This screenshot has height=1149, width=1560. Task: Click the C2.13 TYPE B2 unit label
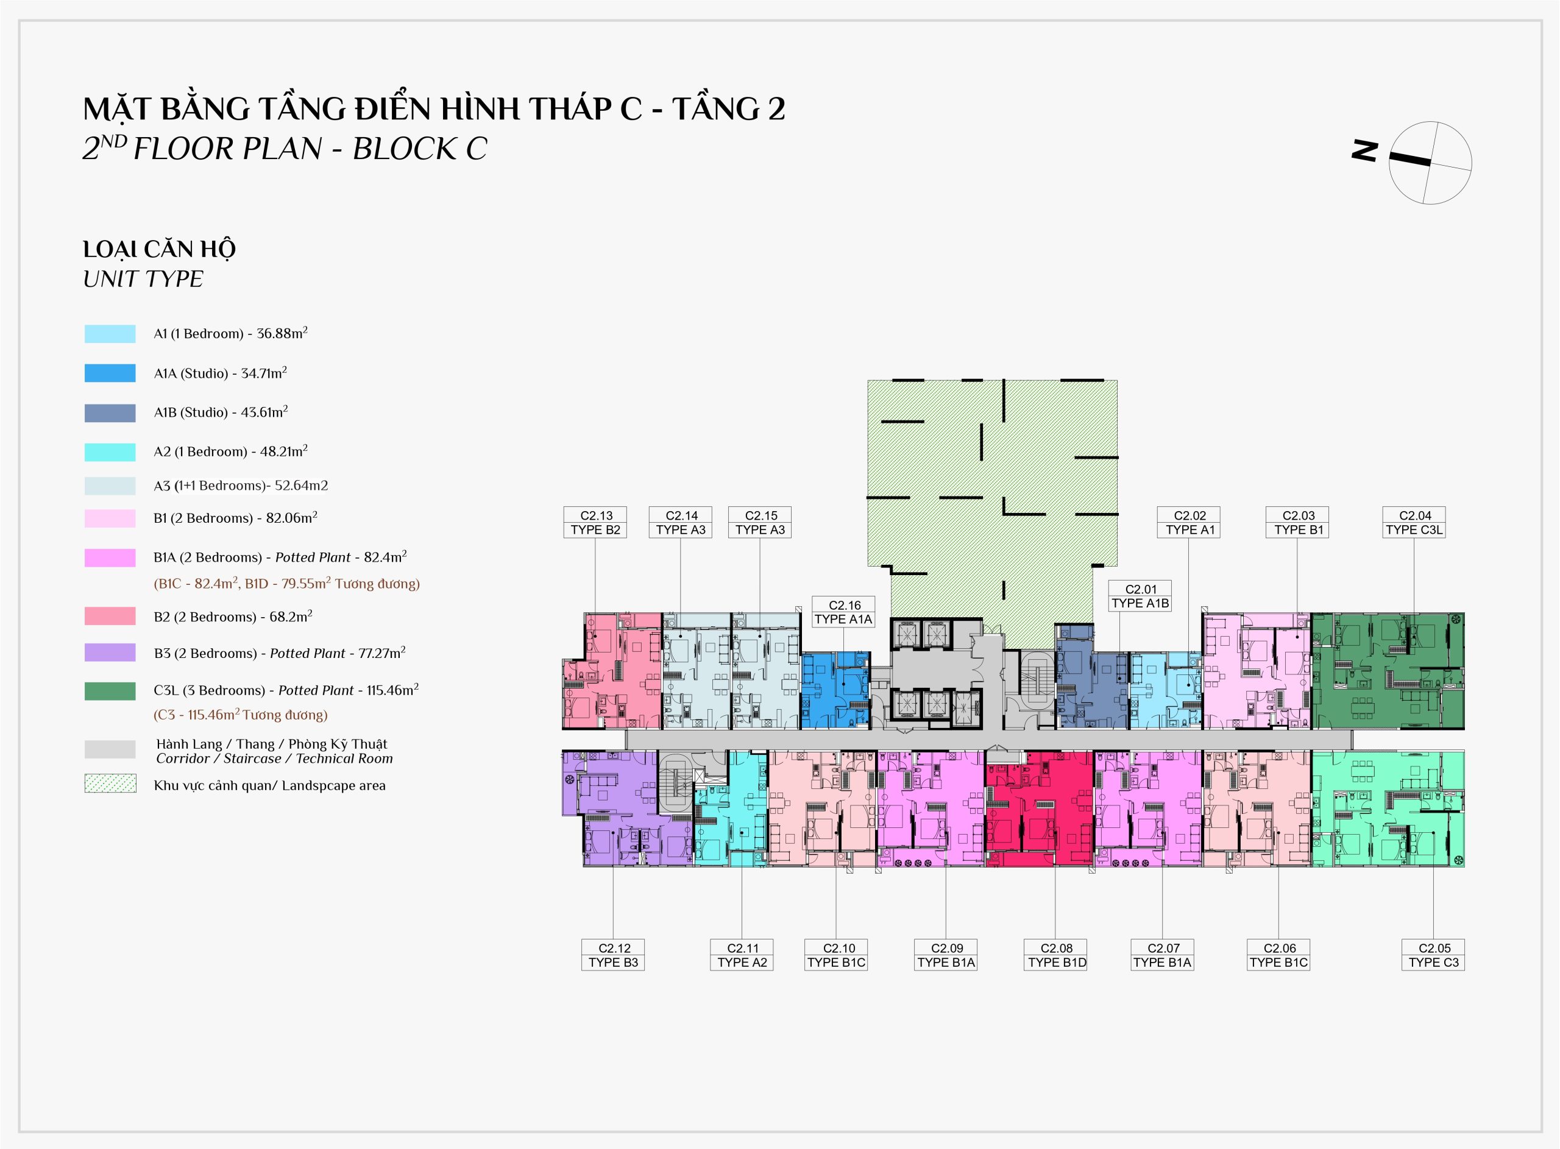tap(595, 522)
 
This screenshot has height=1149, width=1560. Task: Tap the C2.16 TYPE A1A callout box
tap(843, 612)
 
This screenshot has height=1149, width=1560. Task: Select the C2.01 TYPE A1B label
tap(1140, 596)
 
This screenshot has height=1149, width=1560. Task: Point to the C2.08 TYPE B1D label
tap(1056, 955)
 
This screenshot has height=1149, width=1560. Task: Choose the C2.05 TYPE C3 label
tap(1433, 955)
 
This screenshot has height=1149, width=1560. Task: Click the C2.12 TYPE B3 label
tap(613, 955)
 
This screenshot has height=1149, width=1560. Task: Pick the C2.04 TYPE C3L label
tap(1414, 522)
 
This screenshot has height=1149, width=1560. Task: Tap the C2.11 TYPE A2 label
tap(742, 955)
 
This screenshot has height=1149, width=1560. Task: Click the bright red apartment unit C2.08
tap(1039, 808)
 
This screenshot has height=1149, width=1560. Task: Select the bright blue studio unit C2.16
tap(835, 690)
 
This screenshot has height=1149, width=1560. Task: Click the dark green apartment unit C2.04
tap(1388, 671)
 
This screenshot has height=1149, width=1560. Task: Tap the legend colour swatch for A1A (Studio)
tap(110, 373)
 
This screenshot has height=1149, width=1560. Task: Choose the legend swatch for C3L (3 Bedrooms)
tap(110, 691)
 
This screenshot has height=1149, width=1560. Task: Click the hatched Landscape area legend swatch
tap(110, 784)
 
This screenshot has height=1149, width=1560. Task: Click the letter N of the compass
tap(1364, 151)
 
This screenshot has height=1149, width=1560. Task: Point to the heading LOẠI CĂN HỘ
tap(159, 249)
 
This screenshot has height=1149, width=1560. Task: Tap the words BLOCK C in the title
tap(420, 149)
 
